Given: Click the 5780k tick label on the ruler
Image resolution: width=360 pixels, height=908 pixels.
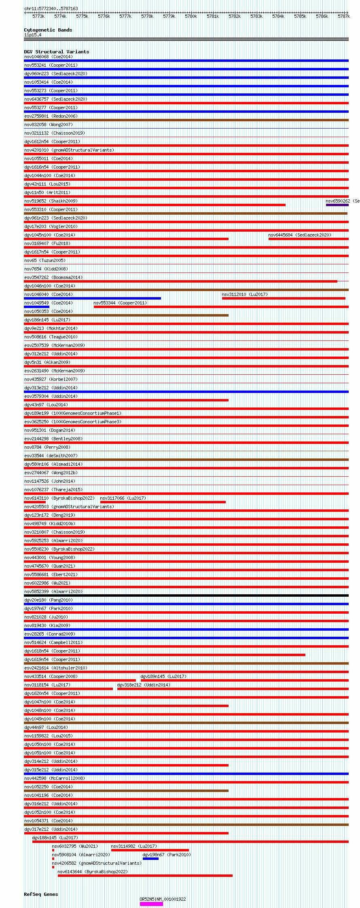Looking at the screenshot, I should point(191,17).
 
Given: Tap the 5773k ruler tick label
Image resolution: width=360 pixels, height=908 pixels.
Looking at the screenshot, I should point(38,17).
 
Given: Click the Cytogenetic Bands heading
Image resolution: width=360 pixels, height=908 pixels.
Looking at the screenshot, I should point(48,30).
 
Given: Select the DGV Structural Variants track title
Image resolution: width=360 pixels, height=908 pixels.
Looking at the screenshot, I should point(56,52).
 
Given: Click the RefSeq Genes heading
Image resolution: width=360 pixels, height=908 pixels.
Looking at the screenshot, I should point(41,894).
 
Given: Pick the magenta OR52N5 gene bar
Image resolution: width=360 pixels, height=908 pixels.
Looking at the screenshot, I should point(151,904).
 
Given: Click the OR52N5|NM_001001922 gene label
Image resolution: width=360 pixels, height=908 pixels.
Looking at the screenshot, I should point(163,899).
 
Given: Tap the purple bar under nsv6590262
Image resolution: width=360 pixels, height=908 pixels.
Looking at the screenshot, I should point(337,205).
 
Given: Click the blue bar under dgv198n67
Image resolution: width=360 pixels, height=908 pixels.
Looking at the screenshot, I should point(150,859).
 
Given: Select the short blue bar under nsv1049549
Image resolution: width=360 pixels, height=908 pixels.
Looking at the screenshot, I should point(36,307).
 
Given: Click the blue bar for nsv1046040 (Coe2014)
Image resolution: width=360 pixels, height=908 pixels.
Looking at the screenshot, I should point(92,298).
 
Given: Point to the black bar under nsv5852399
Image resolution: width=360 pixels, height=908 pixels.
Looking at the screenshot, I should point(186,595).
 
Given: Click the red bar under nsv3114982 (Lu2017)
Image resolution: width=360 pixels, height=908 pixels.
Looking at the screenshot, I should point(150,850).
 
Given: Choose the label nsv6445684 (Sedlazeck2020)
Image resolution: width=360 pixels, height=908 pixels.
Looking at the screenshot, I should point(299,235).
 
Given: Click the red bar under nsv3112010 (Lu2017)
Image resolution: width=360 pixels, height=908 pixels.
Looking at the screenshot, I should point(283,298).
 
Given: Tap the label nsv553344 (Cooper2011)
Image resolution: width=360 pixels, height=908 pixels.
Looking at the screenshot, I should point(120,303).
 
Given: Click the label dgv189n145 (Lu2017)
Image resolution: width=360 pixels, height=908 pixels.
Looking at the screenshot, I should point(163,676).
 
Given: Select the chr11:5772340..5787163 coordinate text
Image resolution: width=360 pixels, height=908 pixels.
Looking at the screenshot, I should point(51,8).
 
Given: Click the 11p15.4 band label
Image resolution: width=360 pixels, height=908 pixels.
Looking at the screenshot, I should point(33,35).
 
